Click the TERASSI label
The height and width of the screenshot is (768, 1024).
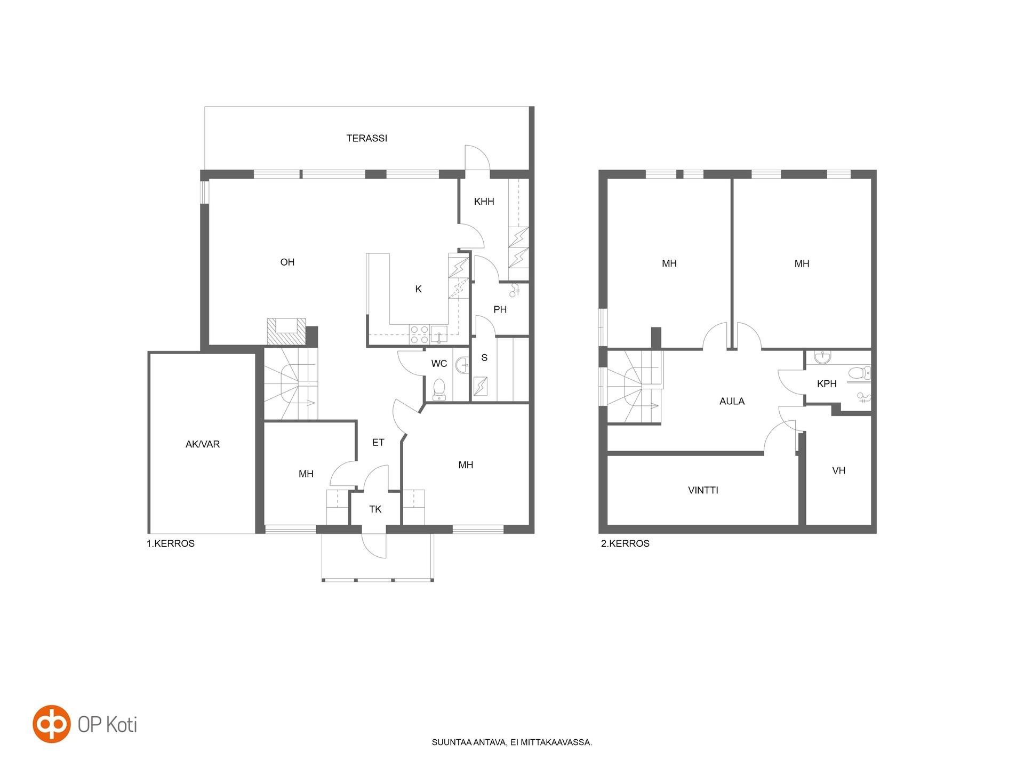click(x=366, y=138)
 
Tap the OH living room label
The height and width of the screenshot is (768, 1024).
click(x=287, y=262)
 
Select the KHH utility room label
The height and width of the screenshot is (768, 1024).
click(x=484, y=201)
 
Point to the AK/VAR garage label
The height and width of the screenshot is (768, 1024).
click(x=203, y=444)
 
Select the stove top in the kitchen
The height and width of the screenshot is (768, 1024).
click(x=419, y=334)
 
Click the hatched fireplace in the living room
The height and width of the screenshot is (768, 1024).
click(x=287, y=332)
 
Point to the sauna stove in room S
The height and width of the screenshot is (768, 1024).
click(x=481, y=386)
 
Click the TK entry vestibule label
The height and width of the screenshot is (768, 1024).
click(x=375, y=509)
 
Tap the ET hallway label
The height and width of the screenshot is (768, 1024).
click(x=378, y=442)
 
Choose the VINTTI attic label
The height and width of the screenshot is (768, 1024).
click(x=703, y=490)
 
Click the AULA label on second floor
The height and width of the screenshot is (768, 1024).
click(x=732, y=401)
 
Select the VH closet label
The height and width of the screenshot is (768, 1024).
click(x=839, y=470)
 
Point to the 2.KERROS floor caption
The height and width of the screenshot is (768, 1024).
click(x=625, y=543)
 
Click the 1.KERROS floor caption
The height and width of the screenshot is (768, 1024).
click(x=171, y=543)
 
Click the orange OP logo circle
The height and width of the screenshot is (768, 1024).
click(x=52, y=724)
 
